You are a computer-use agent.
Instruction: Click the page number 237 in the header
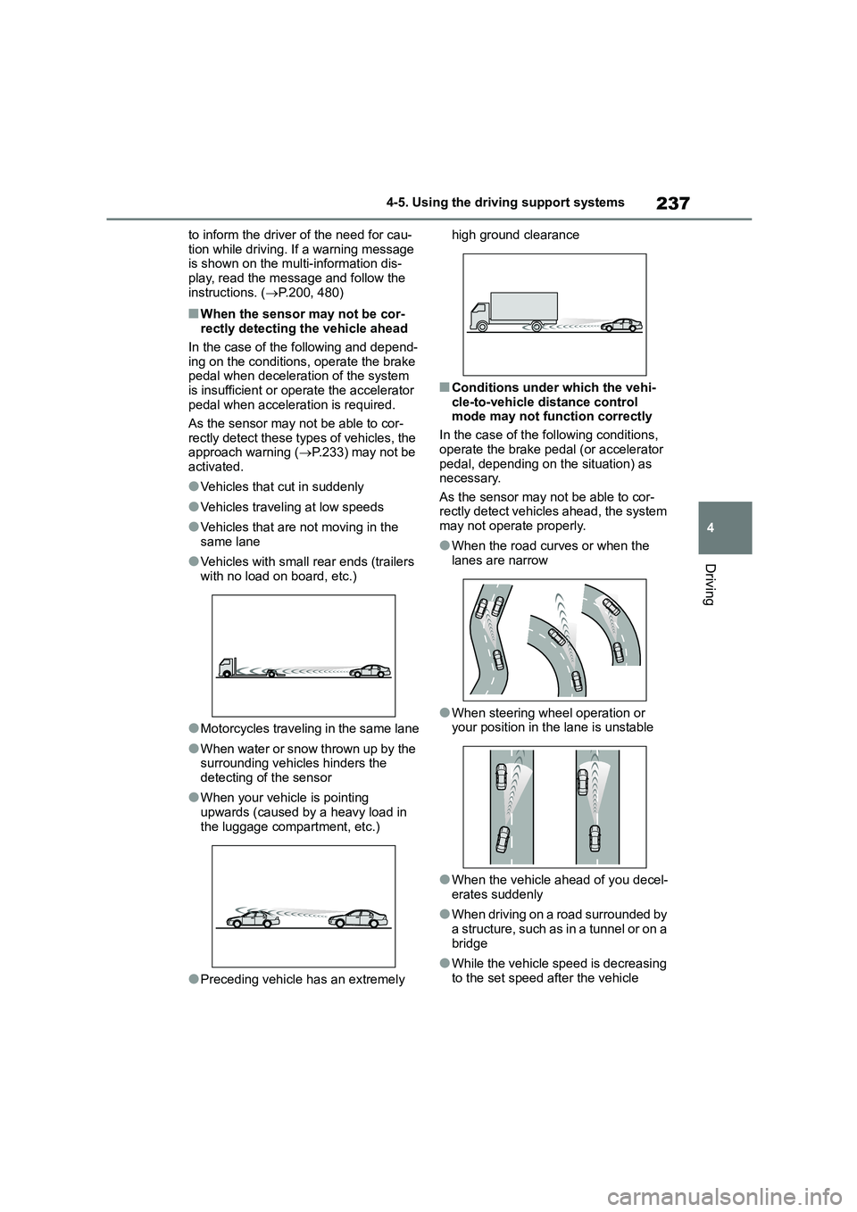[x=672, y=203]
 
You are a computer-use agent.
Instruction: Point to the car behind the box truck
[x=621, y=327]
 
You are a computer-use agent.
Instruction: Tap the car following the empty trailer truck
[x=370, y=671]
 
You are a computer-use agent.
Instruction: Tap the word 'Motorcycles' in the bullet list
[x=235, y=729]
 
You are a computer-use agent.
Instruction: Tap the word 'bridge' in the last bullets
[x=470, y=943]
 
